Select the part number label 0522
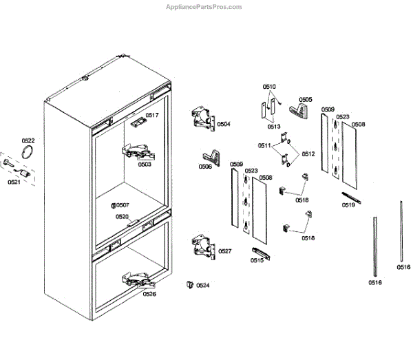coord(28,140)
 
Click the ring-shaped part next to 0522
coord(28,152)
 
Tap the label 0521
coord(14,182)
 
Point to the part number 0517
coord(152,115)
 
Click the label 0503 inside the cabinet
coord(145,165)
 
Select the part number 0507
coord(123,205)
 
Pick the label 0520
coord(122,216)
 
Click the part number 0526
coord(149,294)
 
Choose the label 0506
coord(205,167)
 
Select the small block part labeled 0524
coord(188,284)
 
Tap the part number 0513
coord(274,127)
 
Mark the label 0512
coord(308,153)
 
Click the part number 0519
coord(348,204)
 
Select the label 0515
coord(257,260)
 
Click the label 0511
coord(264,146)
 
